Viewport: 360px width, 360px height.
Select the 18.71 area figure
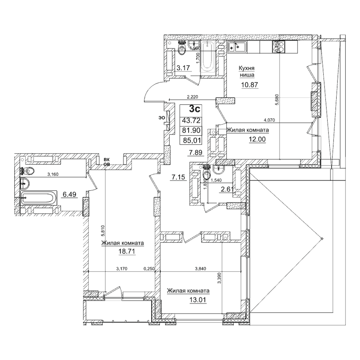click(x=123, y=252)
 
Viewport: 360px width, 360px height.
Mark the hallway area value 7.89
click(x=196, y=153)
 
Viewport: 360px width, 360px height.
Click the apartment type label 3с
click(x=194, y=109)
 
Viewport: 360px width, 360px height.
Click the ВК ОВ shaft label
click(x=107, y=162)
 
